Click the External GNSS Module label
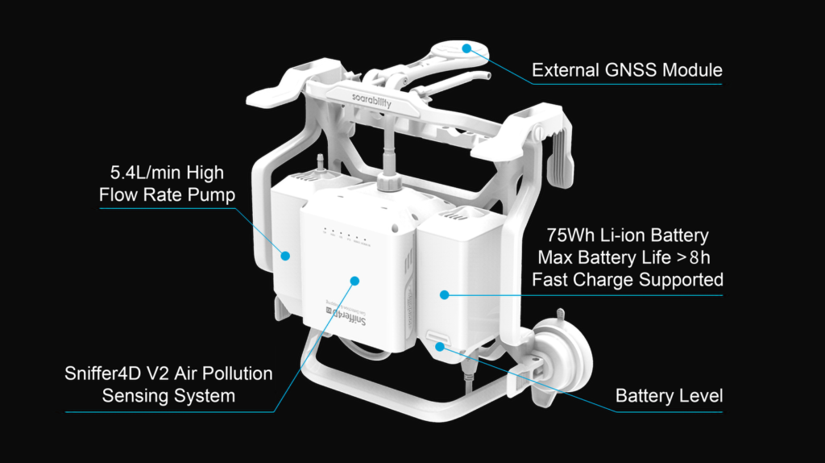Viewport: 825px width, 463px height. coord(627,70)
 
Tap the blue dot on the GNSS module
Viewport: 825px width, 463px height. coord(466,48)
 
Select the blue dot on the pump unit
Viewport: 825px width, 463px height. coord(285,256)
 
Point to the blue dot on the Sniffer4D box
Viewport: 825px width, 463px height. coord(354,281)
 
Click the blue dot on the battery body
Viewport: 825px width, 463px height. coord(445,295)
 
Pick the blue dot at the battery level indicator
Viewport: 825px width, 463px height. coord(440,347)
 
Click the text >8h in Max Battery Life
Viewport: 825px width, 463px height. coord(694,257)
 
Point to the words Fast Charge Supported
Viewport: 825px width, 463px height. coord(627,280)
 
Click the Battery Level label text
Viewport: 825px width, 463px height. coord(669,395)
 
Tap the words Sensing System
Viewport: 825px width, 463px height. coord(168,395)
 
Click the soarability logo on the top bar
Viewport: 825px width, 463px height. coord(371,100)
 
